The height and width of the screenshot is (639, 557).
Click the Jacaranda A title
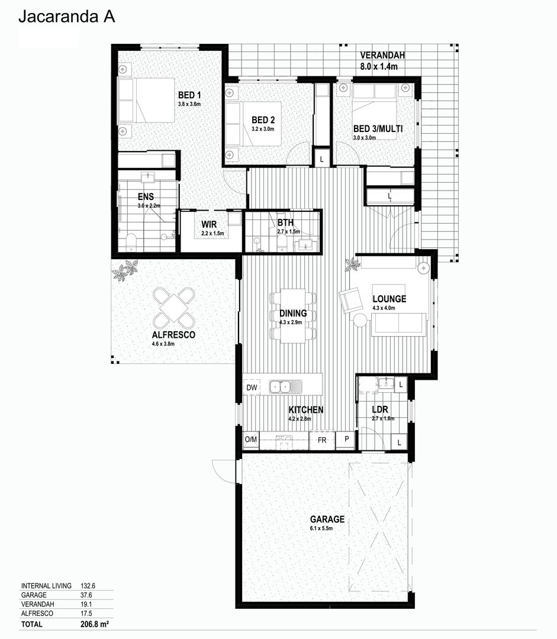(x=66, y=17)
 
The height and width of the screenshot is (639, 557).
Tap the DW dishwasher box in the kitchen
(x=251, y=388)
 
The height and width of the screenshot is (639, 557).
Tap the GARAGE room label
(x=327, y=519)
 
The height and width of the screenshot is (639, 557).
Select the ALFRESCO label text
(x=173, y=335)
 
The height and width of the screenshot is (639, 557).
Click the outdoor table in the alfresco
(x=174, y=308)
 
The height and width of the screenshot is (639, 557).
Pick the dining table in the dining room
(x=293, y=315)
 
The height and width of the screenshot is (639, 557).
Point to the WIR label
(x=209, y=224)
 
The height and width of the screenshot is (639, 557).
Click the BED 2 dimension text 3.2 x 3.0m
(x=263, y=128)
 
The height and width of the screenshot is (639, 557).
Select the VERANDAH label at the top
(x=382, y=56)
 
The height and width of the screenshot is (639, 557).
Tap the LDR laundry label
(x=379, y=409)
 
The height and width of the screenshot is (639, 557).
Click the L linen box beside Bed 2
(x=321, y=158)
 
